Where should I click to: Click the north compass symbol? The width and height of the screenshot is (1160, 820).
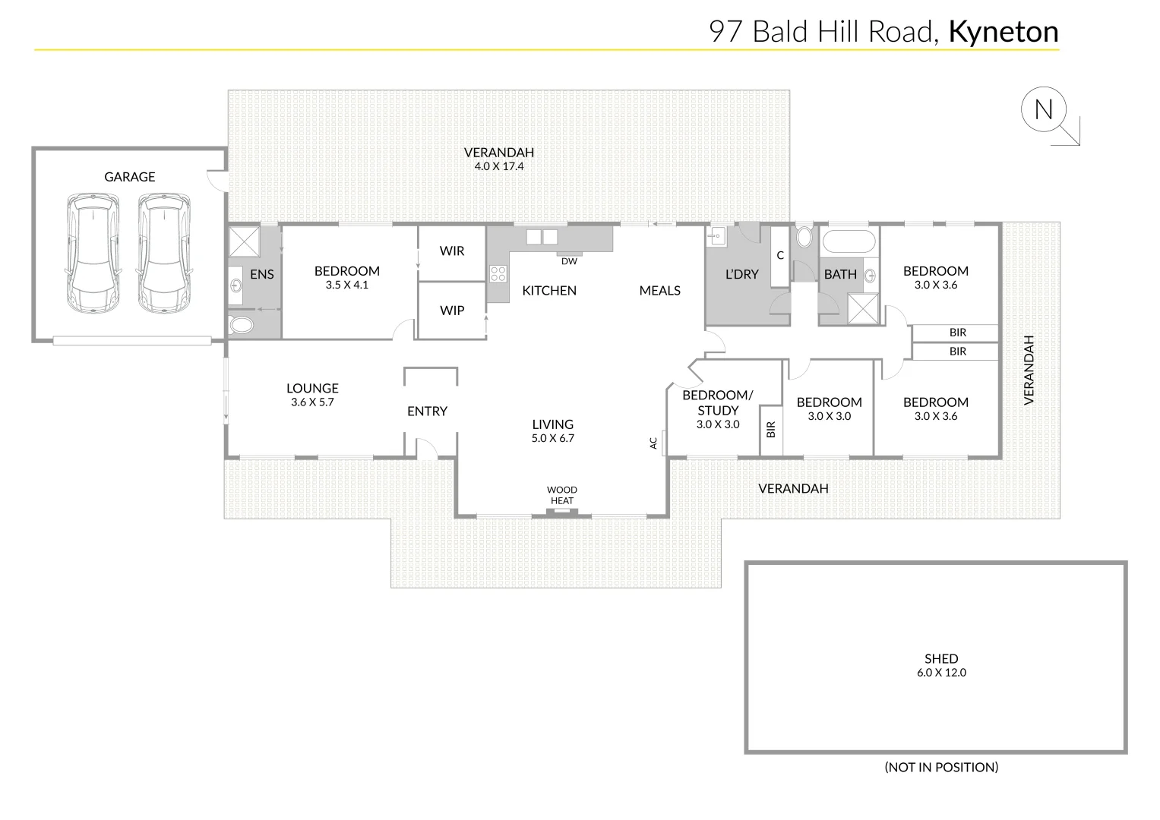point(1044,111)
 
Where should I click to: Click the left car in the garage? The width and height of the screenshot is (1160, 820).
point(93,253)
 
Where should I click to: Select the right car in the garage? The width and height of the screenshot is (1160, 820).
point(163,253)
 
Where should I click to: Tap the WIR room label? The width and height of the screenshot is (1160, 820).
point(452,251)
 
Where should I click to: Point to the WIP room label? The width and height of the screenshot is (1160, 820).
point(452,310)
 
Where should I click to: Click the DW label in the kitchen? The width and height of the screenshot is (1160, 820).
point(569,261)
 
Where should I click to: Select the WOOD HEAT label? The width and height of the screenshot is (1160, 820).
point(562,495)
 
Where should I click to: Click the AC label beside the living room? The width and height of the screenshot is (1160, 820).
point(653,442)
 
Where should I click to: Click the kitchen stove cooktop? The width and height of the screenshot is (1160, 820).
point(498,273)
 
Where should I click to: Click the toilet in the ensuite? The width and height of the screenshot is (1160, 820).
point(242,326)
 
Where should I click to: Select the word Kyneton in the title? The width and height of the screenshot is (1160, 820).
point(1004,32)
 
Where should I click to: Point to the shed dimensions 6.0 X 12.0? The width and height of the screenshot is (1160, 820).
point(941,672)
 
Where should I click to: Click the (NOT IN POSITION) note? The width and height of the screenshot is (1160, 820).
point(941,767)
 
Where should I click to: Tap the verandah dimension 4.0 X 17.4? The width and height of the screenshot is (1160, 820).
point(499,166)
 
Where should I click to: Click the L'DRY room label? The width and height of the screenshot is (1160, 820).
point(741,274)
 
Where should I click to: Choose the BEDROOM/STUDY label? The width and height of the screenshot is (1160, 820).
point(718,402)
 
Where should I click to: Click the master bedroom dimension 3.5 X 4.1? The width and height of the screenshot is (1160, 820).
point(347,285)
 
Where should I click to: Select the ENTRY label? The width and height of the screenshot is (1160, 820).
point(427,411)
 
